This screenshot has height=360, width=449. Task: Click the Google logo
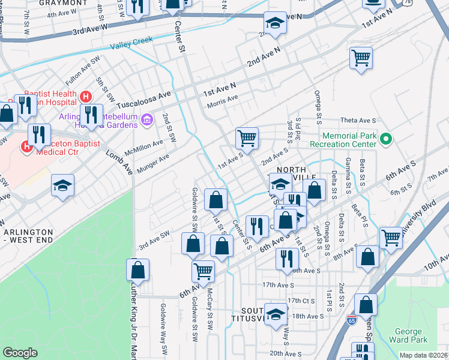pos(20,353)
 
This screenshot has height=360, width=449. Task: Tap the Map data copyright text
pos(423,355)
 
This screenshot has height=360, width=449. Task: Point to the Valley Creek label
pos(132,43)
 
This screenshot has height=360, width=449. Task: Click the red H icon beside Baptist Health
pos(86,95)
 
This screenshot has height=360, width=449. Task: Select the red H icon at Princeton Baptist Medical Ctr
pos(27,146)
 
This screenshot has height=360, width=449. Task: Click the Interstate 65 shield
pos(352,320)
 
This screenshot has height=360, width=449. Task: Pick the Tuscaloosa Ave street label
pos(148,97)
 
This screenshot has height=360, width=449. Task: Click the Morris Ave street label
pos(223,102)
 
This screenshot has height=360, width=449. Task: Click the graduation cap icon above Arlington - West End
pos(62,185)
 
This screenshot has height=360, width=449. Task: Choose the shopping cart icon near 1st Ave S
pos(247,138)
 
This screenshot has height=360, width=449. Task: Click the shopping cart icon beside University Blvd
pos(391,236)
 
